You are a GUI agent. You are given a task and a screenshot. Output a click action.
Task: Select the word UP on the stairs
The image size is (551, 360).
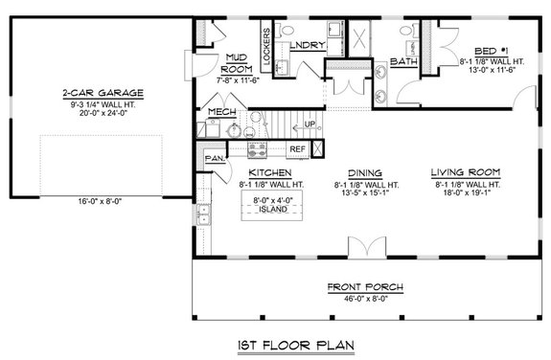pos(309,125)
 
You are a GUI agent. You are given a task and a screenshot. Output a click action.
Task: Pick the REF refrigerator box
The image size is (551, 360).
pos(297,149)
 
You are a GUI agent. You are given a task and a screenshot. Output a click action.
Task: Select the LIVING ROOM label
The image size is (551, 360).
pos(468,172)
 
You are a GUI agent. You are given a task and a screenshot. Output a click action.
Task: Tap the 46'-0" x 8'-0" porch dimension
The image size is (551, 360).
pos(363,298)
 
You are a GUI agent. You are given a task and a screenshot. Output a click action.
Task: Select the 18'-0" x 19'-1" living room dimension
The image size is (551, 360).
pos(468,192)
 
